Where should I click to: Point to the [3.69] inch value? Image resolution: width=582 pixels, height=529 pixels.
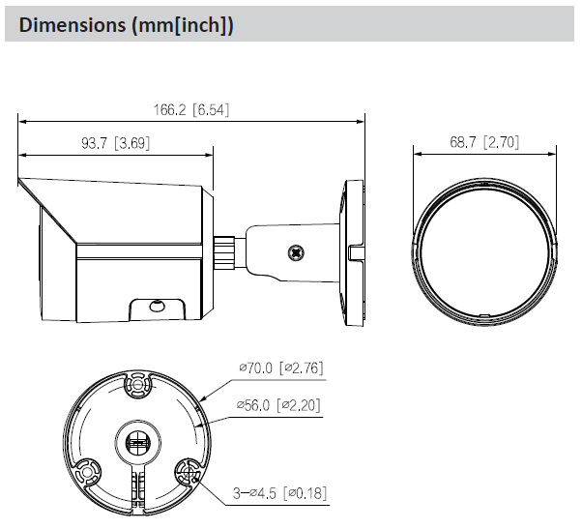(x=131, y=143)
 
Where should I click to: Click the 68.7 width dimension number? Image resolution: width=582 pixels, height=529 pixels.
(x=465, y=142)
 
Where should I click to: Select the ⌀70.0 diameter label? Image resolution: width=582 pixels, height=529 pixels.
(x=256, y=367)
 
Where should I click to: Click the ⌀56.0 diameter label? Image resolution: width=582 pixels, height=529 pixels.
(x=256, y=403)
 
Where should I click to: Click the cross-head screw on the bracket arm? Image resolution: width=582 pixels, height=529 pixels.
(x=291, y=250)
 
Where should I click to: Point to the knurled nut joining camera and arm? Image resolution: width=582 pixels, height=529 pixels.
(x=226, y=249)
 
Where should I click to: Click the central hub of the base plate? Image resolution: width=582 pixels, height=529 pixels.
(x=136, y=441)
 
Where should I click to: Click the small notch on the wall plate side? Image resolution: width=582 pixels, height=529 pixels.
(x=355, y=254)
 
